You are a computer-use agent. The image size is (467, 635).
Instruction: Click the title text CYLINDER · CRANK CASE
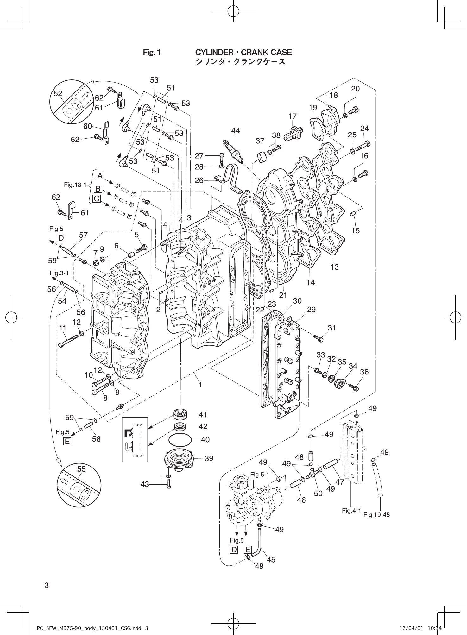click(x=243, y=52)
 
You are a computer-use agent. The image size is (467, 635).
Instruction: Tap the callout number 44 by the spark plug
click(x=235, y=130)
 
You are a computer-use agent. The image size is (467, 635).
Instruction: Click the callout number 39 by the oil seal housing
click(x=209, y=458)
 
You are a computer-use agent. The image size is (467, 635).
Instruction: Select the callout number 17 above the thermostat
click(x=292, y=116)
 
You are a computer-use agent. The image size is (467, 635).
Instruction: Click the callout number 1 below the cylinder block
click(x=200, y=385)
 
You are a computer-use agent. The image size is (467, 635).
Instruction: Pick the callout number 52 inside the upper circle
click(x=58, y=93)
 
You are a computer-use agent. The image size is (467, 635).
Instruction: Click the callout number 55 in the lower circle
click(x=81, y=469)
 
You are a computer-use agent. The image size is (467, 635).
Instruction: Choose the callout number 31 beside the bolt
click(x=331, y=328)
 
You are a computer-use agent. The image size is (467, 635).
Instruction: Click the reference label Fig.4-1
click(x=351, y=511)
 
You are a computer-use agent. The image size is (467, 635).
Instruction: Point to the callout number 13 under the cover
click(x=334, y=267)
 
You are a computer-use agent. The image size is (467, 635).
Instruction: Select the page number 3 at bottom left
click(x=47, y=585)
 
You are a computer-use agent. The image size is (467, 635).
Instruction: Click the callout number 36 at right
click(x=364, y=372)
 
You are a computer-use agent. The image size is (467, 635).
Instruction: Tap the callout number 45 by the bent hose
click(x=271, y=560)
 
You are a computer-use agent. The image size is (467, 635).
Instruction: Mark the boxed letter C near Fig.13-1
click(x=97, y=199)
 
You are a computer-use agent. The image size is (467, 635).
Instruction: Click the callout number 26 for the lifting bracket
click(x=199, y=180)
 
